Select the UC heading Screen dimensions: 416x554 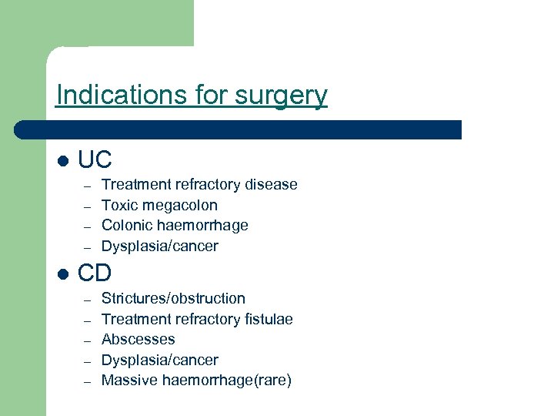click(x=95, y=159)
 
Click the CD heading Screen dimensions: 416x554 click(x=95, y=273)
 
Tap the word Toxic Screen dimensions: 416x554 click(x=118, y=205)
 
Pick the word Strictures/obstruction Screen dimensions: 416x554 click(x=173, y=298)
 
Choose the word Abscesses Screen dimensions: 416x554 click(x=138, y=339)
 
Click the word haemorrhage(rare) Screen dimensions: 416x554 click(x=227, y=380)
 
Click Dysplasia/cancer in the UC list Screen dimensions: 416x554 click(x=160, y=247)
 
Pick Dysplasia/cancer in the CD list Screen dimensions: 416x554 click(x=160, y=360)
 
